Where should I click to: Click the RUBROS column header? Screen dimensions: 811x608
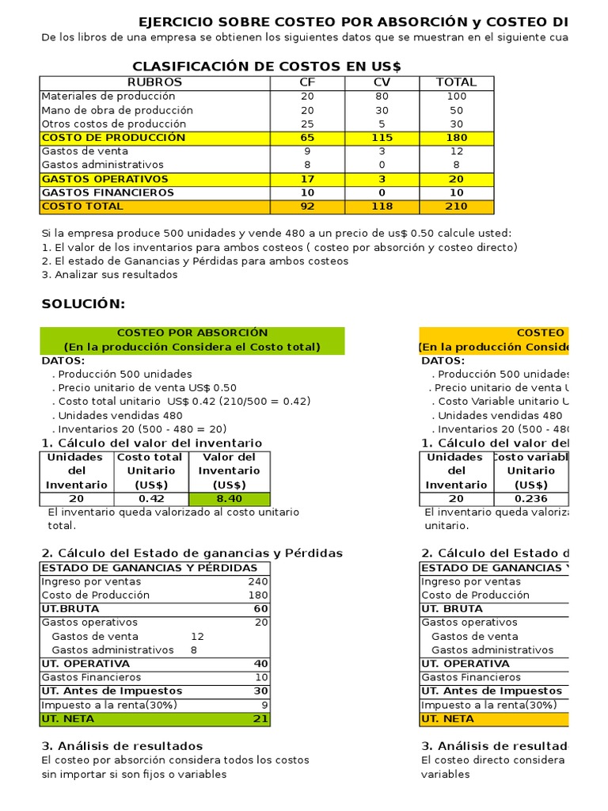pyautogui.click(x=154, y=82)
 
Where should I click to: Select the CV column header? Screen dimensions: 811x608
pyautogui.click(x=382, y=82)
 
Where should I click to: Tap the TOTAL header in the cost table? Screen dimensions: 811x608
pyautogui.click(x=457, y=82)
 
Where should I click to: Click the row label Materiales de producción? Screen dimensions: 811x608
pyautogui.click(x=108, y=96)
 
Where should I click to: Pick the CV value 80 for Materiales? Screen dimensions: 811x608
pyautogui.click(x=382, y=96)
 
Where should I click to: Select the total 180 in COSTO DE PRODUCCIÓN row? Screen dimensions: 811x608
pyautogui.click(x=457, y=138)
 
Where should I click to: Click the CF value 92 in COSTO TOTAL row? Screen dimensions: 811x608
pyautogui.click(x=307, y=207)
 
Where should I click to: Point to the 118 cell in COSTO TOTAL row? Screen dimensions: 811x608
pyautogui.click(x=382, y=207)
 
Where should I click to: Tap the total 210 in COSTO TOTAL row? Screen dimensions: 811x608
pyautogui.click(x=457, y=207)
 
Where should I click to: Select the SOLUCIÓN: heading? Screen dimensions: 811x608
pyautogui.click(x=83, y=305)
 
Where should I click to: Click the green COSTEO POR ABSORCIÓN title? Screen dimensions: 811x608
pyautogui.click(x=192, y=333)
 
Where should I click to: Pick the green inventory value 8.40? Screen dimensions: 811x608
pyautogui.click(x=230, y=499)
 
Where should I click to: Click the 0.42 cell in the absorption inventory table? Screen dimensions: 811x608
pyautogui.click(x=152, y=499)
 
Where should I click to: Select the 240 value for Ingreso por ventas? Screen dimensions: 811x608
pyautogui.click(x=259, y=581)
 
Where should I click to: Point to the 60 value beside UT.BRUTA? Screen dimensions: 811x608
pyautogui.click(x=260, y=609)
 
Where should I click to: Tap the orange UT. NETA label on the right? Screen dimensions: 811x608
pyautogui.click(x=439, y=719)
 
